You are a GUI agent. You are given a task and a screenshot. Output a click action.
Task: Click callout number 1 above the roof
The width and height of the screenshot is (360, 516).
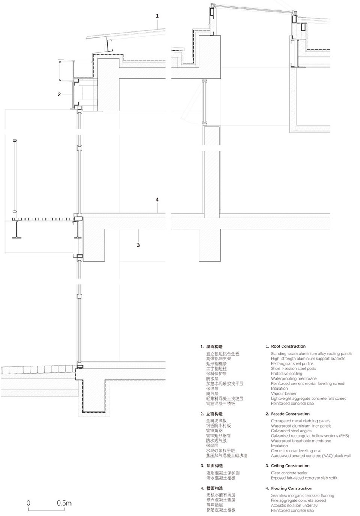[157, 16]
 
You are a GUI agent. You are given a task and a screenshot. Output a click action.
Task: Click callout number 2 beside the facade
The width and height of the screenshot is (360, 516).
[59, 94]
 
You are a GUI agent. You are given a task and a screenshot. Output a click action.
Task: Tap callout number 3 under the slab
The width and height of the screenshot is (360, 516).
[138, 245]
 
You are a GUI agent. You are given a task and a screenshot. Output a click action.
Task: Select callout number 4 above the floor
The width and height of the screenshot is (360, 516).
[157, 200]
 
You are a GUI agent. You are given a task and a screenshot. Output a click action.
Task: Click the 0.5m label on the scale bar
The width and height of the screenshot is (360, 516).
[64, 503]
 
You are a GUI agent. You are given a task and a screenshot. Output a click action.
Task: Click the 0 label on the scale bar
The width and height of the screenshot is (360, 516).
[28, 503]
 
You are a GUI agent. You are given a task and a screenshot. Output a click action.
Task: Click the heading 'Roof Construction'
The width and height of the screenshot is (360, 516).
[288, 347]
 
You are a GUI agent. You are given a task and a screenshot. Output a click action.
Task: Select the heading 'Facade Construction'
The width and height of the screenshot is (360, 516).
[290, 414]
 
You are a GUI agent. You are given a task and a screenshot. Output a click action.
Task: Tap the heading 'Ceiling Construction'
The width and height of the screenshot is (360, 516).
[290, 466]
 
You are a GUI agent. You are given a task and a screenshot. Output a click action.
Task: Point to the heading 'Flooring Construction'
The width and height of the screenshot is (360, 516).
[291, 488]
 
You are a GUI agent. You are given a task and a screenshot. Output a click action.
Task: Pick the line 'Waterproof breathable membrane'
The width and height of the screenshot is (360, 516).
[301, 441]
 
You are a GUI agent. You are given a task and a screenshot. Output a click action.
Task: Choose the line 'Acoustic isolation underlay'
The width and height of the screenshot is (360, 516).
[294, 506]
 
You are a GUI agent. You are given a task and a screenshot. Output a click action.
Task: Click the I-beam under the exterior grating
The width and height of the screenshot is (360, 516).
[17, 229]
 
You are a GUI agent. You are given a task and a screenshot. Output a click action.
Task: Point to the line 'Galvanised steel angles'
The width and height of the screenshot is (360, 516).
[291, 431]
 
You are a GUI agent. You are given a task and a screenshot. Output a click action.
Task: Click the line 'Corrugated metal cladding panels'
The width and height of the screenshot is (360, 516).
[300, 421]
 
